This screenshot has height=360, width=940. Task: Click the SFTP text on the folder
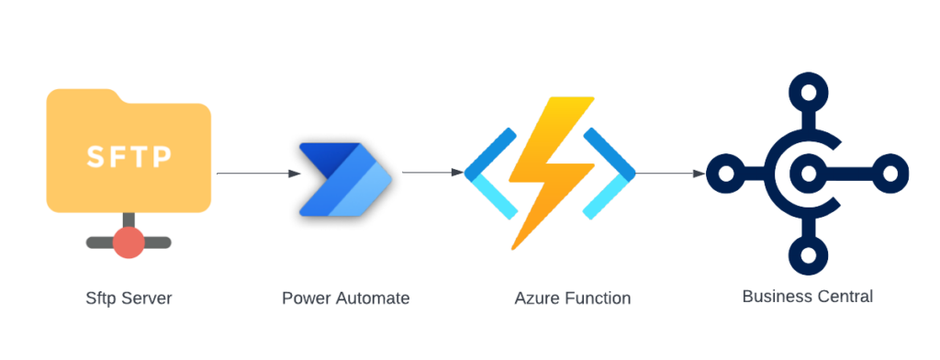[x=129, y=157]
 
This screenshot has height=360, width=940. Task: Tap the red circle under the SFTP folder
[x=129, y=243]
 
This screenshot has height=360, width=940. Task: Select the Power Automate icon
[x=344, y=179]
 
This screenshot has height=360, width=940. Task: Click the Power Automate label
[x=345, y=298]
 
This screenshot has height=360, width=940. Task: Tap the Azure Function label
[x=573, y=298]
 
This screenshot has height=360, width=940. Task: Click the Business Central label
[x=807, y=297]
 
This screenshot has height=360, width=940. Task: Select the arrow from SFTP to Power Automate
[x=258, y=173]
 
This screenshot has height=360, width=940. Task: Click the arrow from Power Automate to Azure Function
[x=431, y=173]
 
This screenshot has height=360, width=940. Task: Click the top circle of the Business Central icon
[x=808, y=93]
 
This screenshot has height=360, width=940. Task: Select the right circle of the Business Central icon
[x=888, y=173]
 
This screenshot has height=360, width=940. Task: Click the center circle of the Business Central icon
[x=808, y=173]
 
